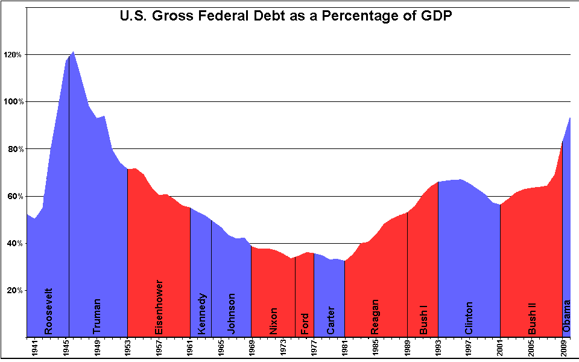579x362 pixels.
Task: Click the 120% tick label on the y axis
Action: coord(13,55)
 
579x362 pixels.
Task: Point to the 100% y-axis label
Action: coord(13,102)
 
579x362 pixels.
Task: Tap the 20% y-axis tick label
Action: coord(15,290)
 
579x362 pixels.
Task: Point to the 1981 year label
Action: coord(344,349)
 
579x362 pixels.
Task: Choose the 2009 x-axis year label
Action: coord(563,349)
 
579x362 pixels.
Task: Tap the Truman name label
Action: coord(96,316)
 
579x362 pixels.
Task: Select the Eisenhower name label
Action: coord(159,307)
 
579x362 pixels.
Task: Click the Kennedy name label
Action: coord(202,314)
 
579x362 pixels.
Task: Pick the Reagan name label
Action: coord(375,317)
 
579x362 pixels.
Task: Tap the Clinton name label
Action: coord(469,317)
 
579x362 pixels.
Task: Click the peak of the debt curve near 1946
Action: coord(73,52)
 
